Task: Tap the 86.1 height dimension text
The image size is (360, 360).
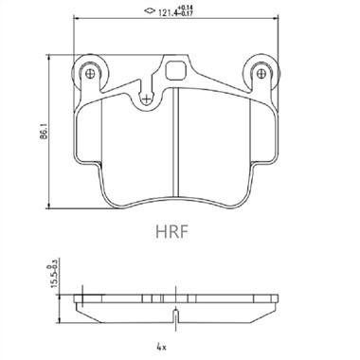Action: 44,132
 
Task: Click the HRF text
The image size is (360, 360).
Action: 172,232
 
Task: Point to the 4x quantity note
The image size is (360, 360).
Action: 161,348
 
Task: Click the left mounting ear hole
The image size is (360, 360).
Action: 90,74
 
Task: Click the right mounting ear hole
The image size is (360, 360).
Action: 261,74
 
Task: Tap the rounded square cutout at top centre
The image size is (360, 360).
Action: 176,71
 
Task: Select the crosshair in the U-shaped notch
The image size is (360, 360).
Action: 146,99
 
